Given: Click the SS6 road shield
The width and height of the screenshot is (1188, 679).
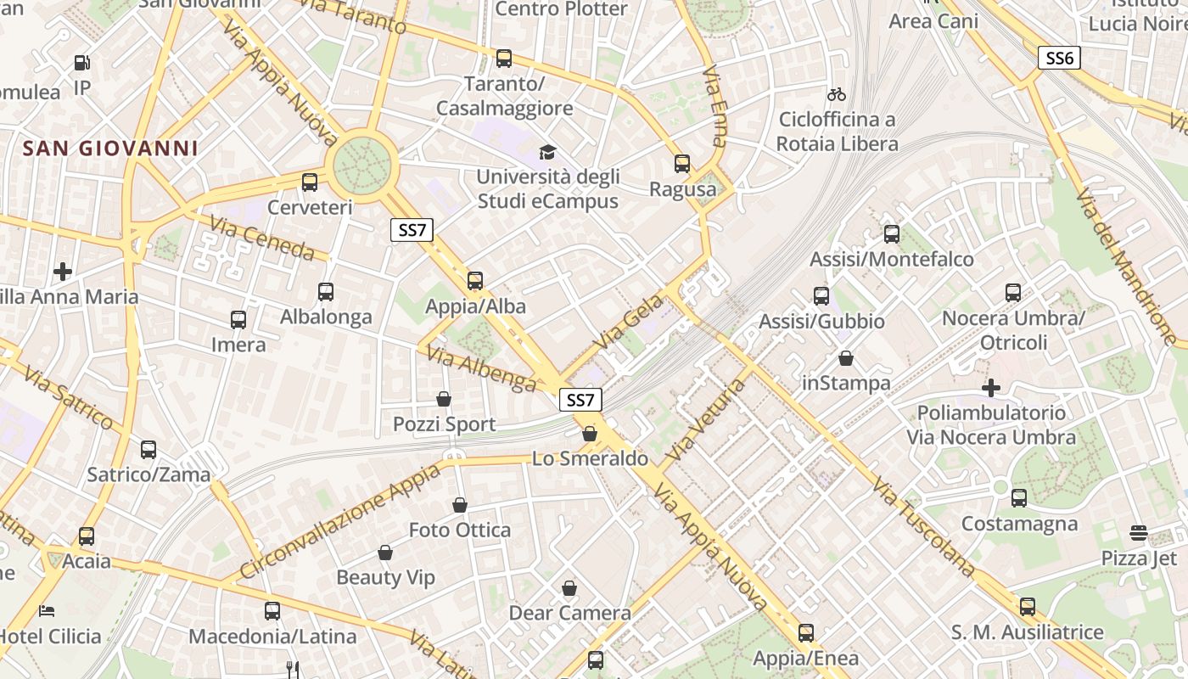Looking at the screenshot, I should [x=1059, y=58].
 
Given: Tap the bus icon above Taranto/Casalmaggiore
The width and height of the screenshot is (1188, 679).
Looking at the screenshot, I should [x=504, y=59].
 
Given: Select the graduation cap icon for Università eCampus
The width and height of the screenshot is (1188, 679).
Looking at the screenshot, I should [x=547, y=153].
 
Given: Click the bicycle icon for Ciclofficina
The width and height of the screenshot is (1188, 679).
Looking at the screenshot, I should [x=837, y=94].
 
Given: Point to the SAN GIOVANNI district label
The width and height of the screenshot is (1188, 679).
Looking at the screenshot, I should [x=110, y=149].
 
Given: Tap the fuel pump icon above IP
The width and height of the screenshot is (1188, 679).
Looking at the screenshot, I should [x=81, y=63].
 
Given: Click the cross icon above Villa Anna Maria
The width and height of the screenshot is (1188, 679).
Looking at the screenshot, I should [x=62, y=272].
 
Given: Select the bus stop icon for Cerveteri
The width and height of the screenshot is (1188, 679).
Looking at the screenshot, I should [x=310, y=182].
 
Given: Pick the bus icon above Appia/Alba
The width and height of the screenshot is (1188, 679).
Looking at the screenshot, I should [x=475, y=281].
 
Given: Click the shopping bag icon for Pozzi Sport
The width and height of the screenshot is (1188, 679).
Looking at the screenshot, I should [x=443, y=399].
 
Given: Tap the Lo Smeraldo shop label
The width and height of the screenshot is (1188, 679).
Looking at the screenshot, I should [x=590, y=459].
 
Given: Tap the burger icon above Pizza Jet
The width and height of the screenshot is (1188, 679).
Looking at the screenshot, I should [x=1139, y=533].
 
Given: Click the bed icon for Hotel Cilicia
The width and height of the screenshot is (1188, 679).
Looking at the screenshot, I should [x=47, y=610].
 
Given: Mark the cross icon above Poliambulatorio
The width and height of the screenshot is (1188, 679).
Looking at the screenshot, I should [x=990, y=388].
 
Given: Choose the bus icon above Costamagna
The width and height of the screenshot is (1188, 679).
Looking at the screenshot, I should [x=1019, y=498].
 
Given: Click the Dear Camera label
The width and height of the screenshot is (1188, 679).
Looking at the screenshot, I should [x=569, y=613].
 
